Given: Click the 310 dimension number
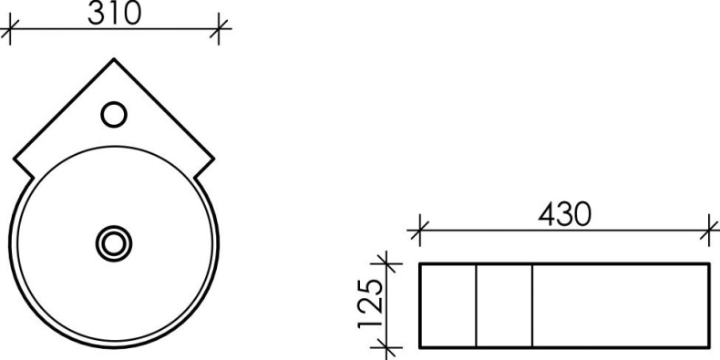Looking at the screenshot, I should click(115, 13).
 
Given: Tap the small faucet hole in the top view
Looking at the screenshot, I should click(114, 115).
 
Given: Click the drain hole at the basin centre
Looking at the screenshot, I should click(115, 242).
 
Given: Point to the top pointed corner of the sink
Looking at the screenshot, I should click(115, 60).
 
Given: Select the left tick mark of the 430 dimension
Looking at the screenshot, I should click(419, 231).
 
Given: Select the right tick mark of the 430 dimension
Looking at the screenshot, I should click(708, 231).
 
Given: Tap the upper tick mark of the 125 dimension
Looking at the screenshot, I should click(389, 264).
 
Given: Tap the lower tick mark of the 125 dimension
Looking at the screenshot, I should click(389, 347).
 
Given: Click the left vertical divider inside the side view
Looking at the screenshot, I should click(476, 305).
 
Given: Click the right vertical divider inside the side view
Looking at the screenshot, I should click(532, 305).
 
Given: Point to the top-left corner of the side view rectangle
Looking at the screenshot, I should click(420, 264).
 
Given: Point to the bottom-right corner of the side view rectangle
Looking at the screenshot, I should click(708, 347).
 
